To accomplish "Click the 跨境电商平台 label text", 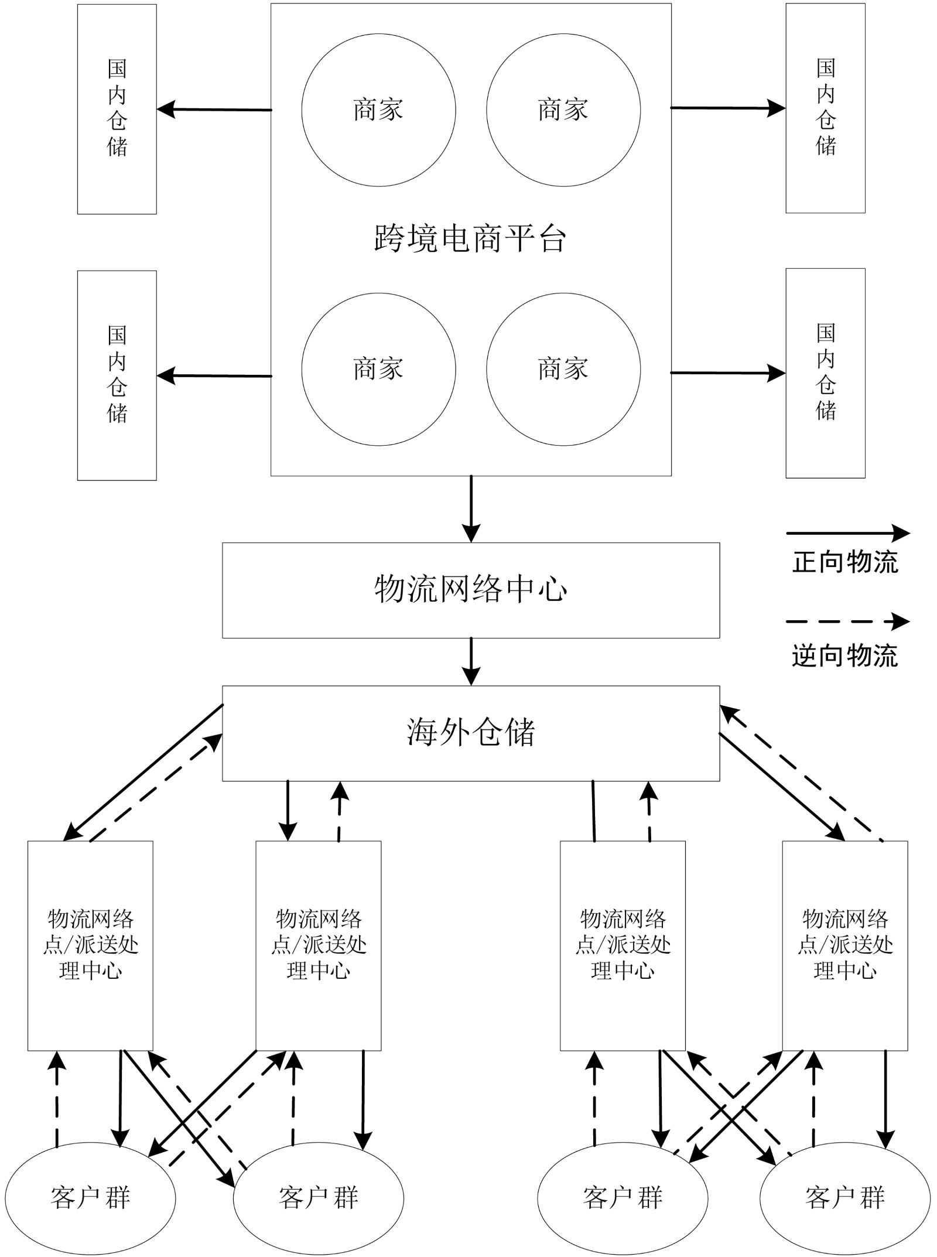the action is point(470,238).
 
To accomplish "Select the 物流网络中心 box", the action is point(471,590).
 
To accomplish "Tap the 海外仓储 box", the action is point(471,733).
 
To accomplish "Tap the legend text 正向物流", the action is point(845,562).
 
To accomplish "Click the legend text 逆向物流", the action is point(845,655).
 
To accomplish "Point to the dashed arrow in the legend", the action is point(848,621).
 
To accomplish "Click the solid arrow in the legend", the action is point(848,533).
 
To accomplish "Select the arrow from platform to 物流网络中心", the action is point(471,509).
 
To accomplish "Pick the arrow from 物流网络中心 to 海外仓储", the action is point(471,662).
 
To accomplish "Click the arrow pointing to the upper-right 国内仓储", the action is point(728,108).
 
